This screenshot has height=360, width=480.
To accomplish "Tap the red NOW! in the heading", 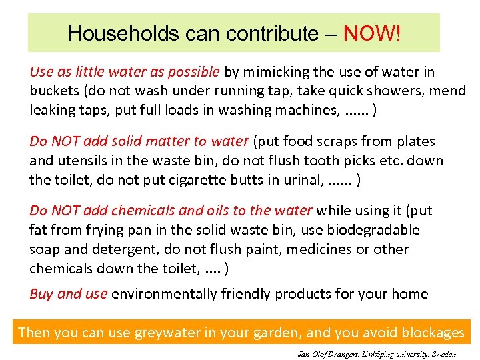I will point(372,33).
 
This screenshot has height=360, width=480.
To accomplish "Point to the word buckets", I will point(54,91).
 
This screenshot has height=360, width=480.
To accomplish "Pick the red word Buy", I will point(41,294).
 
